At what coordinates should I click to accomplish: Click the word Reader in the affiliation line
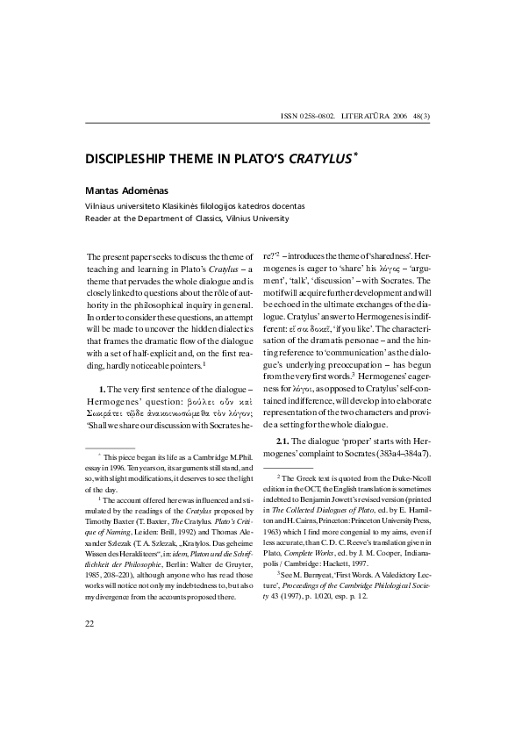click(99, 218)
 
